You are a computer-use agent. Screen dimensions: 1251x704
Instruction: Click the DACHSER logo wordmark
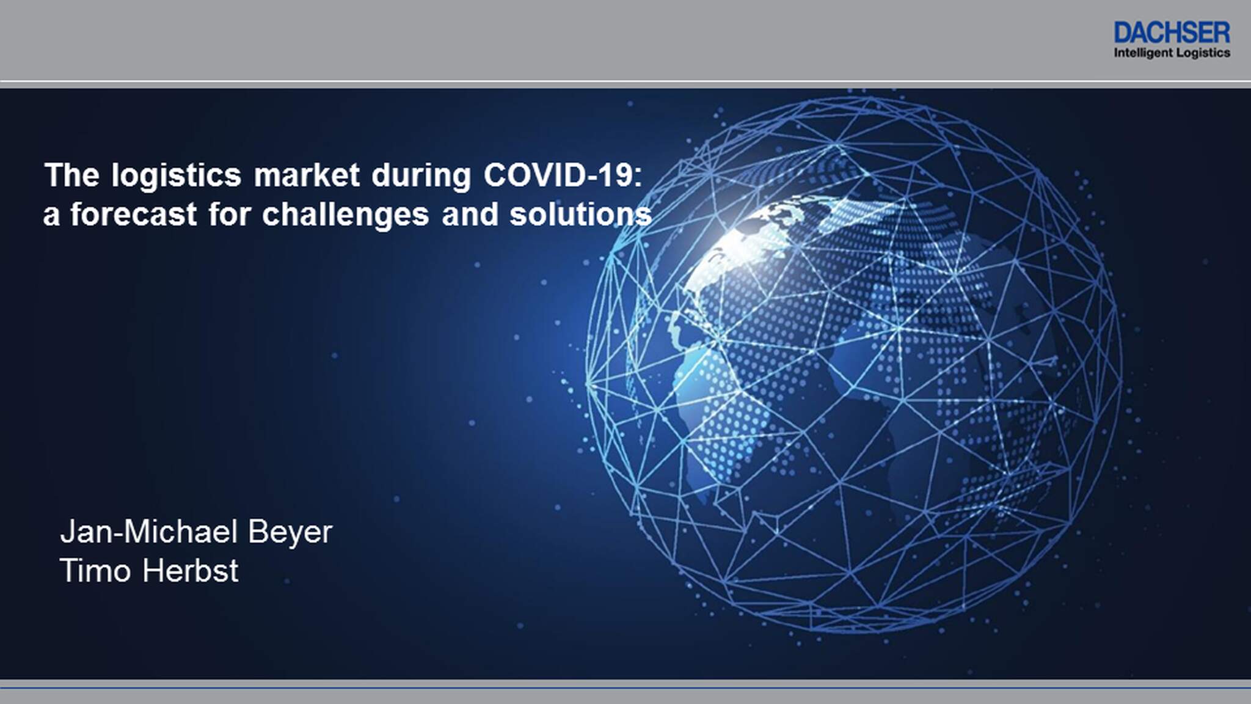click(x=1172, y=32)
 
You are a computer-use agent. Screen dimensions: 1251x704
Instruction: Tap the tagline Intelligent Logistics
click(x=1172, y=53)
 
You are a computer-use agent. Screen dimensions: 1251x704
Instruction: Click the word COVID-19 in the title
click(x=563, y=175)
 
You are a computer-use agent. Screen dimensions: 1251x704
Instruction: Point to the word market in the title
click(x=307, y=175)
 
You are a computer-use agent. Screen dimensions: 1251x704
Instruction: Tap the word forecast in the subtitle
click(x=133, y=215)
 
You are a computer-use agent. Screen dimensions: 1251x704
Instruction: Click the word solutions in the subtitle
click(x=581, y=215)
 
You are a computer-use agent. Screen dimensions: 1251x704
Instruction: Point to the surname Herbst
click(x=191, y=571)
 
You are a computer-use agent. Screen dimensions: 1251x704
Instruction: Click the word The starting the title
click(x=72, y=175)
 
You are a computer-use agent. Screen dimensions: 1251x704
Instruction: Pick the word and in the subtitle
click(x=470, y=215)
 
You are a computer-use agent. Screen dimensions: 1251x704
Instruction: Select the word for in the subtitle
click(x=230, y=215)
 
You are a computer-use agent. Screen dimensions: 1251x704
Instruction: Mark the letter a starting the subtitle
click(x=51, y=218)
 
